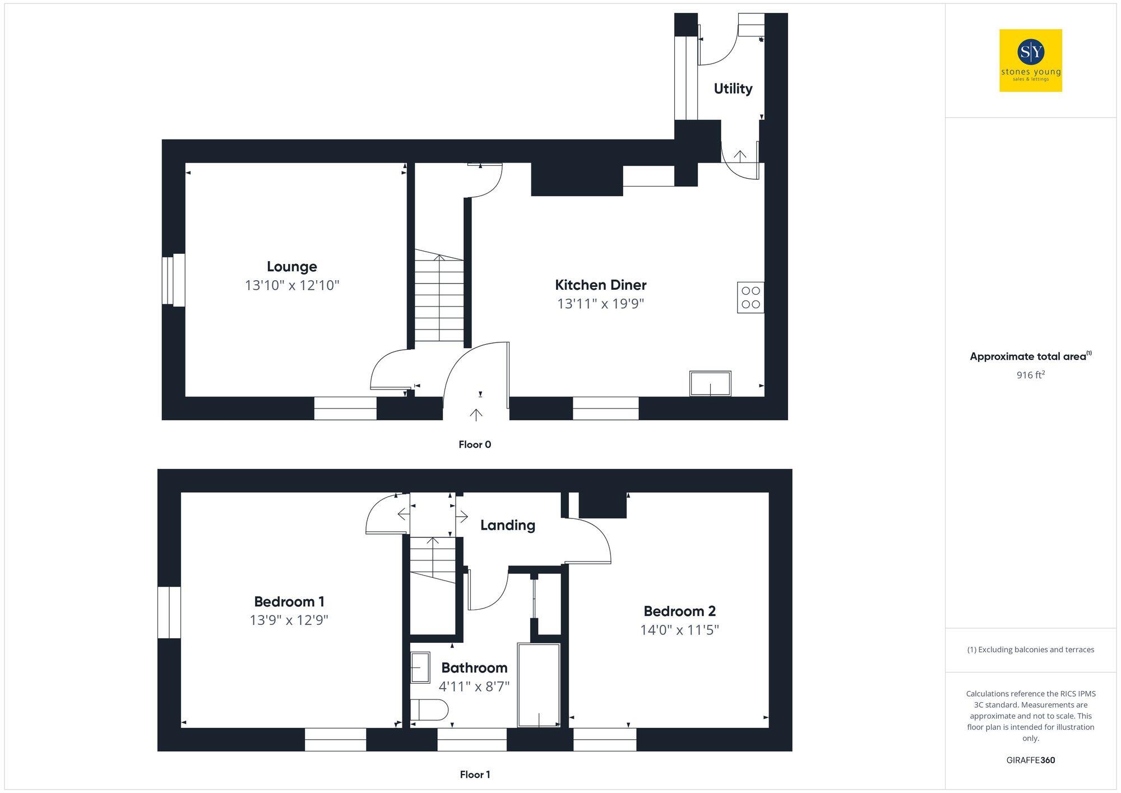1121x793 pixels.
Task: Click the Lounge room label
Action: pyautogui.click(x=291, y=267)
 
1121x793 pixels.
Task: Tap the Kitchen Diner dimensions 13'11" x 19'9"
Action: pyautogui.click(x=600, y=304)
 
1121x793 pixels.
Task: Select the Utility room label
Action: pyautogui.click(x=733, y=89)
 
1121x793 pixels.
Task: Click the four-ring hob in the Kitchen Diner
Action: pyautogui.click(x=750, y=298)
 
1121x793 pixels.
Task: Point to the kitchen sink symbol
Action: pyautogui.click(x=710, y=384)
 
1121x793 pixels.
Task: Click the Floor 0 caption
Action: pyautogui.click(x=474, y=444)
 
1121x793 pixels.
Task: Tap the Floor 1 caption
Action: pyautogui.click(x=475, y=775)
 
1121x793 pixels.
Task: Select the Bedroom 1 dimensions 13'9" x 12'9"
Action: pyautogui.click(x=289, y=620)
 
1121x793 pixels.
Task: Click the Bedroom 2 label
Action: pyautogui.click(x=679, y=611)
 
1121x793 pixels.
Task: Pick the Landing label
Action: pyautogui.click(x=507, y=525)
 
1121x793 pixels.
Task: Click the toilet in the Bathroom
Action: pyautogui.click(x=429, y=709)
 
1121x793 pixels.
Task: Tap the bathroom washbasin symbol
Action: pyautogui.click(x=420, y=667)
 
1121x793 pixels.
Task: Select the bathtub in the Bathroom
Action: pyautogui.click(x=538, y=685)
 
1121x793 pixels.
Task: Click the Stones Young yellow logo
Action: pyautogui.click(x=1030, y=61)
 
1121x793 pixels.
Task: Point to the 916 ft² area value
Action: pyautogui.click(x=1030, y=375)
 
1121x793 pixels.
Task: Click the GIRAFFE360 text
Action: pyautogui.click(x=1030, y=760)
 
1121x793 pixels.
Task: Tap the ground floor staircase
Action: pyautogui.click(x=439, y=297)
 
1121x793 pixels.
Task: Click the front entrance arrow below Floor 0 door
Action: pyautogui.click(x=476, y=415)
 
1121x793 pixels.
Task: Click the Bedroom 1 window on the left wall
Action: pyautogui.click(x=169, y=612)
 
